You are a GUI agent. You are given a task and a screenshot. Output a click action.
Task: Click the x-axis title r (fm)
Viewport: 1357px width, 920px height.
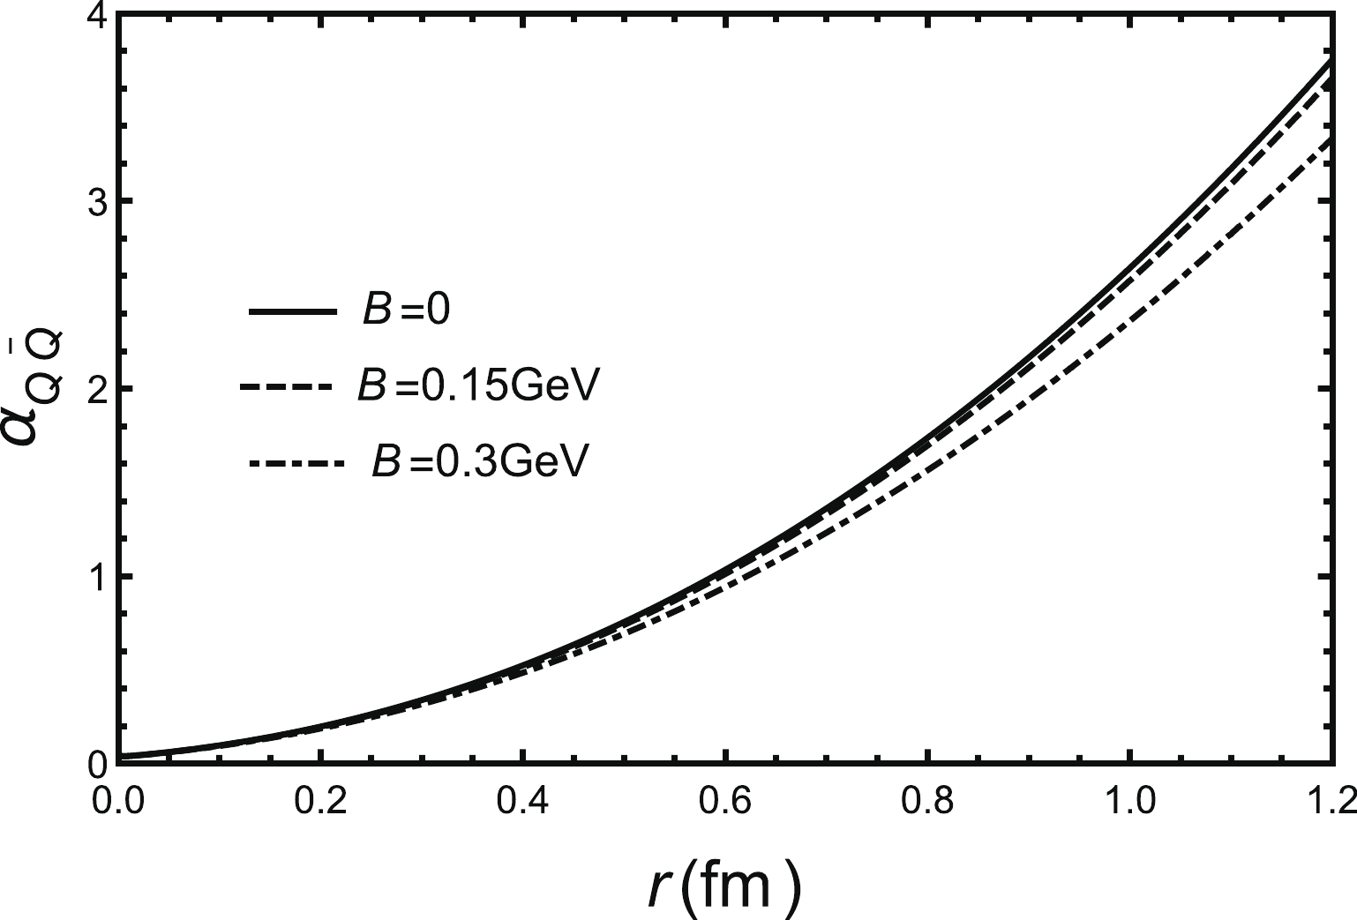(722, 885)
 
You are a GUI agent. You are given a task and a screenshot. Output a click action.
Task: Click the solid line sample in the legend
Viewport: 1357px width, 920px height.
(293, 312)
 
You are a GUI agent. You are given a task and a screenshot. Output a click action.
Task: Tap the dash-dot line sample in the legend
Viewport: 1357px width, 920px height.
(295, 462)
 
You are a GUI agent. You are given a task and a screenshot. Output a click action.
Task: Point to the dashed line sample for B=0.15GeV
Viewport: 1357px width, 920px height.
(284, 387)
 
